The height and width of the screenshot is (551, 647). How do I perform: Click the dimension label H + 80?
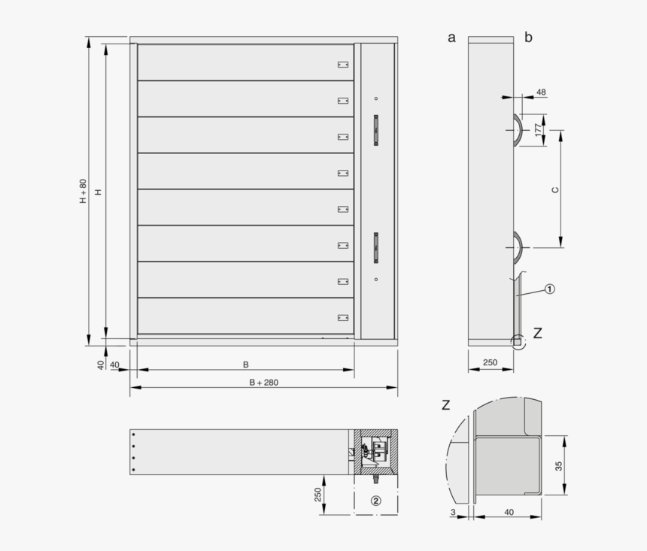[84, 191]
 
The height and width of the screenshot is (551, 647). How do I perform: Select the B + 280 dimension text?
[263, 382]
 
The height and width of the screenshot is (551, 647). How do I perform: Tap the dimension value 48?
[541, 92]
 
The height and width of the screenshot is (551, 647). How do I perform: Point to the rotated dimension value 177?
[538, 129]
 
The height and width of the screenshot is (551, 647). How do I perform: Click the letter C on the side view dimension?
[555, 190]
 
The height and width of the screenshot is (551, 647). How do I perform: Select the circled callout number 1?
[550, 289]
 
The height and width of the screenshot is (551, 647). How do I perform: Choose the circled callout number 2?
[375, 500]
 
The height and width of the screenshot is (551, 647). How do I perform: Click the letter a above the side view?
[451, 38]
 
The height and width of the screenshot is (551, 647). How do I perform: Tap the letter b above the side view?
[528, 38]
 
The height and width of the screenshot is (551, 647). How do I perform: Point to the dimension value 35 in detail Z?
[557, 465]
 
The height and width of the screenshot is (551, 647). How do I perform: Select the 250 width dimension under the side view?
[490, 362]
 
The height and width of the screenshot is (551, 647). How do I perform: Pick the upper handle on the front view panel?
[376, 129]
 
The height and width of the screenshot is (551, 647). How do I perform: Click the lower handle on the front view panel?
[376, 247]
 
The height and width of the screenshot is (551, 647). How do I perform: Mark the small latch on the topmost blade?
[343, 65]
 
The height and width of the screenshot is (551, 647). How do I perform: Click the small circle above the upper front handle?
[376, 99]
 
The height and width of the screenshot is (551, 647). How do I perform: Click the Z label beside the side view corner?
[537, 333]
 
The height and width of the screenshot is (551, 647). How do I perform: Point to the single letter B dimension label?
[245, 365]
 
